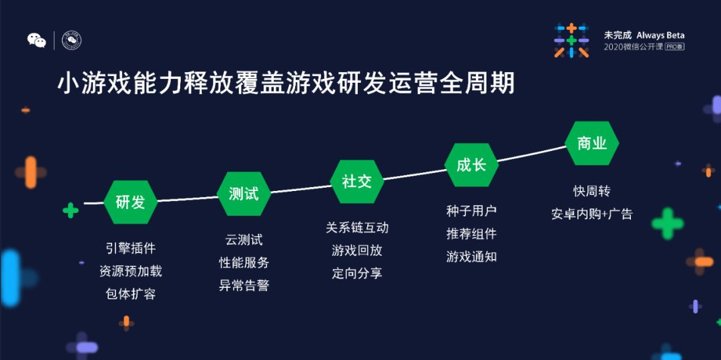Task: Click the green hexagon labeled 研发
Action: tap(130, 202)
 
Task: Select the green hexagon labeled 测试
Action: tap(244, 194)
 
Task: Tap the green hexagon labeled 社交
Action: tap(356, 181)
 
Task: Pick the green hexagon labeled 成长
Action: tap(471, 165)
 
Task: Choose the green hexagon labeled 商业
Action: tap(591, 143)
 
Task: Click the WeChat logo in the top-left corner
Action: tap(37, 41)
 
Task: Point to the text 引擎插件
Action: tap(130, 248)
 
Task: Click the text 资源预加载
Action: tap(130, 271)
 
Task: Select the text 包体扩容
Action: tap(130, 294)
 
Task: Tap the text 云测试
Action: tap(244, 240)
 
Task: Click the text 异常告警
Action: tap(244, 285)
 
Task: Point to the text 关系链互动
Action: tap(356, 228)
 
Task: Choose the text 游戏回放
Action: tap(356, 250)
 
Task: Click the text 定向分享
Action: tap(356, 273)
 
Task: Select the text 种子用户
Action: tap(471, 211)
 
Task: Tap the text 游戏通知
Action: tap(471, 256)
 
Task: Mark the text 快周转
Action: tap(591, 192)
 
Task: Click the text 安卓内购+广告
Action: tap(591, 214)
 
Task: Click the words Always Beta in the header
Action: tap(660, 35)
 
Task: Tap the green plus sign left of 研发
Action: tap(70, 210)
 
